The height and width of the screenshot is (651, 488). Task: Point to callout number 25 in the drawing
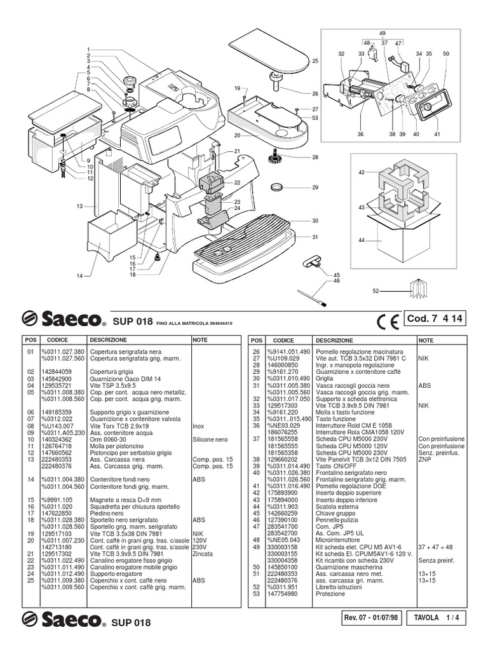(315, 61)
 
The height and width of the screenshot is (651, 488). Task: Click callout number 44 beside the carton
(361, 240)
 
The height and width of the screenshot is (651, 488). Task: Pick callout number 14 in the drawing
(80, 275)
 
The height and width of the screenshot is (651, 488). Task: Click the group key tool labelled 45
(314, 259)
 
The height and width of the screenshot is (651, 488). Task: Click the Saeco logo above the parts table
(62, 319)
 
